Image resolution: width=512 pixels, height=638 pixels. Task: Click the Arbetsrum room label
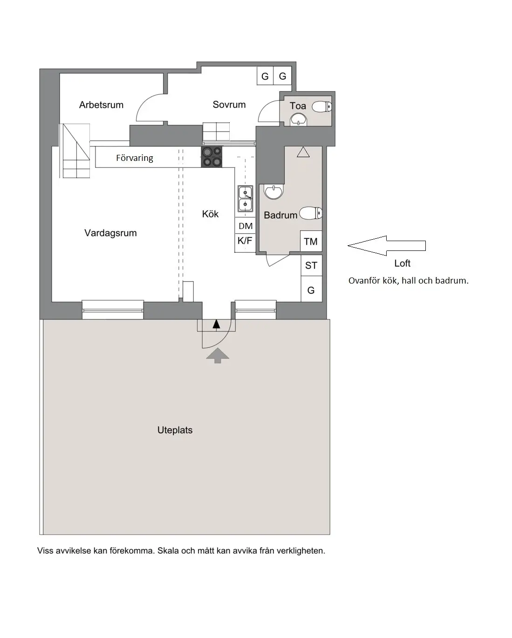coord(101,105)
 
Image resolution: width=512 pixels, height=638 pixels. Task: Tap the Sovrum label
coord(229,104)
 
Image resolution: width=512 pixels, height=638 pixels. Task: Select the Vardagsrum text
coord(110,233)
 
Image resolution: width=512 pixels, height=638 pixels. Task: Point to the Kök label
coord(210,214)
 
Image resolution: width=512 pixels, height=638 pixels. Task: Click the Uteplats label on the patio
coord(175,430)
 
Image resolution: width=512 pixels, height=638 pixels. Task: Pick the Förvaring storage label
coord(134,158)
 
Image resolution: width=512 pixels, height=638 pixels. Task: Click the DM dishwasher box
coord(246,226)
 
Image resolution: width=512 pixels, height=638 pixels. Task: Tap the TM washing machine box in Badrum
coord(311,241)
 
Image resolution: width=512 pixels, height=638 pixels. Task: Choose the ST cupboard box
coord(311,265)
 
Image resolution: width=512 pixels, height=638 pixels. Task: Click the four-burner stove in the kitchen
coord(212,157)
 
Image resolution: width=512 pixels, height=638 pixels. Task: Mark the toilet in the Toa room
coord(322,107)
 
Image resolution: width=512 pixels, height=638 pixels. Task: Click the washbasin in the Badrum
coord(273,191)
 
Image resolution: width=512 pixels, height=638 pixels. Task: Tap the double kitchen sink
coord(245,199)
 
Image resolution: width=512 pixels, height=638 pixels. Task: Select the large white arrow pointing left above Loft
coord(386,245)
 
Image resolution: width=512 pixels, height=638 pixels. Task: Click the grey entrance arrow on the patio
coord(218,356)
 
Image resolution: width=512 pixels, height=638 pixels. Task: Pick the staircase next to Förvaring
coord(75,151)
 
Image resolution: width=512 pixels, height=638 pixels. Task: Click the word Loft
coord(402,264)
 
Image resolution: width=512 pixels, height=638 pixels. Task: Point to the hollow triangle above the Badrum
coord(303,152)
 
